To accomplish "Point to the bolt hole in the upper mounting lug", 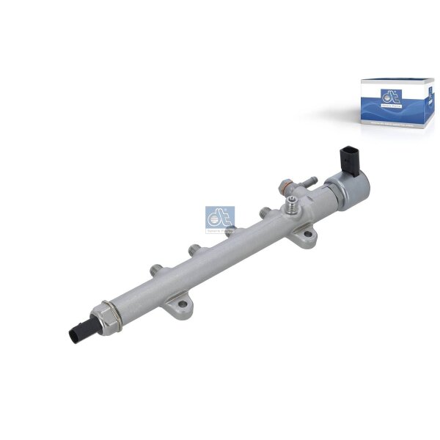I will [x=303, y=238].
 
